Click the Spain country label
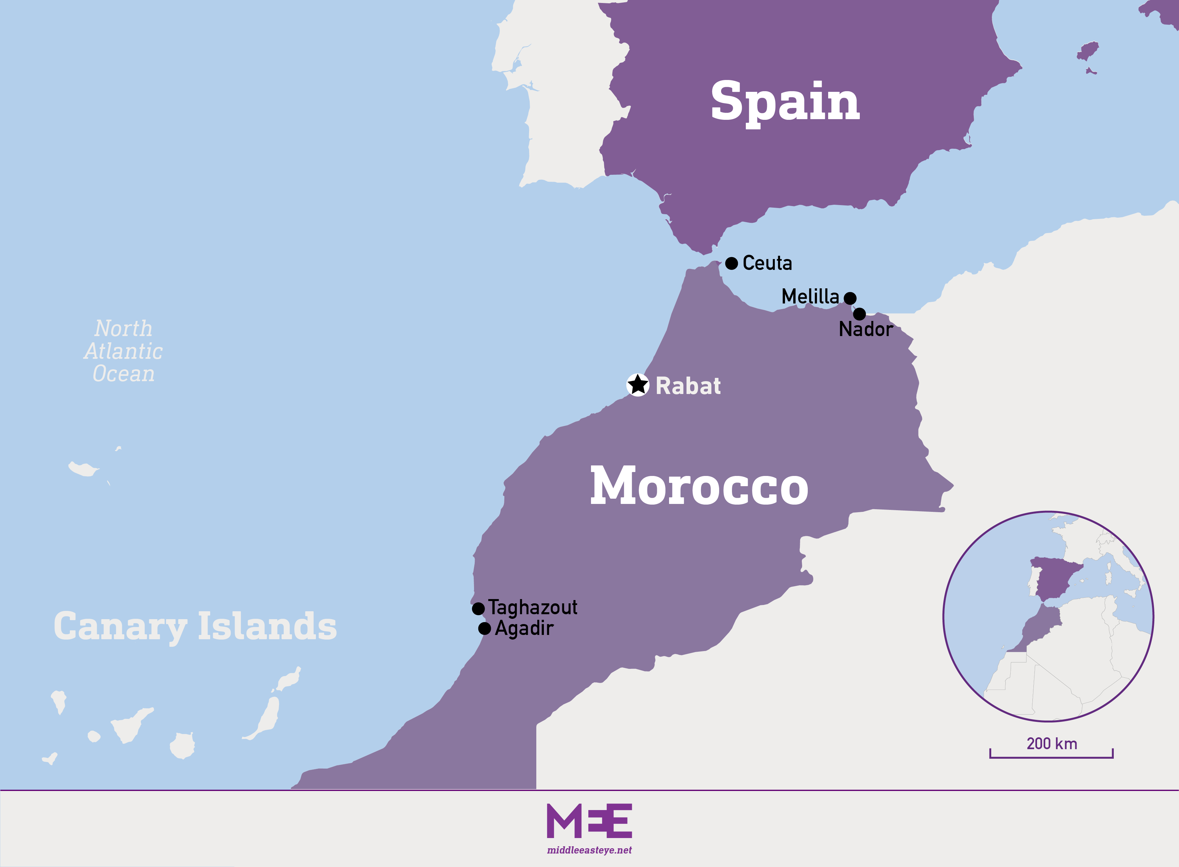coord(785,101)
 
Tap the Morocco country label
coord(699,486)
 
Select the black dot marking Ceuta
coord(732,263)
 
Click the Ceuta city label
coord(767,263)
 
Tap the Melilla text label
coord(810,297)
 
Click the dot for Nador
coord(859,314)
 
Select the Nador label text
coord(865,329)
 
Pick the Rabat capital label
coord(688,386)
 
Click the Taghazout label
coord(533,607)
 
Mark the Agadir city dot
coord(484,628)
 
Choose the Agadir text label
coord(524,628)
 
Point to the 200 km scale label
coord(1052,744)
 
